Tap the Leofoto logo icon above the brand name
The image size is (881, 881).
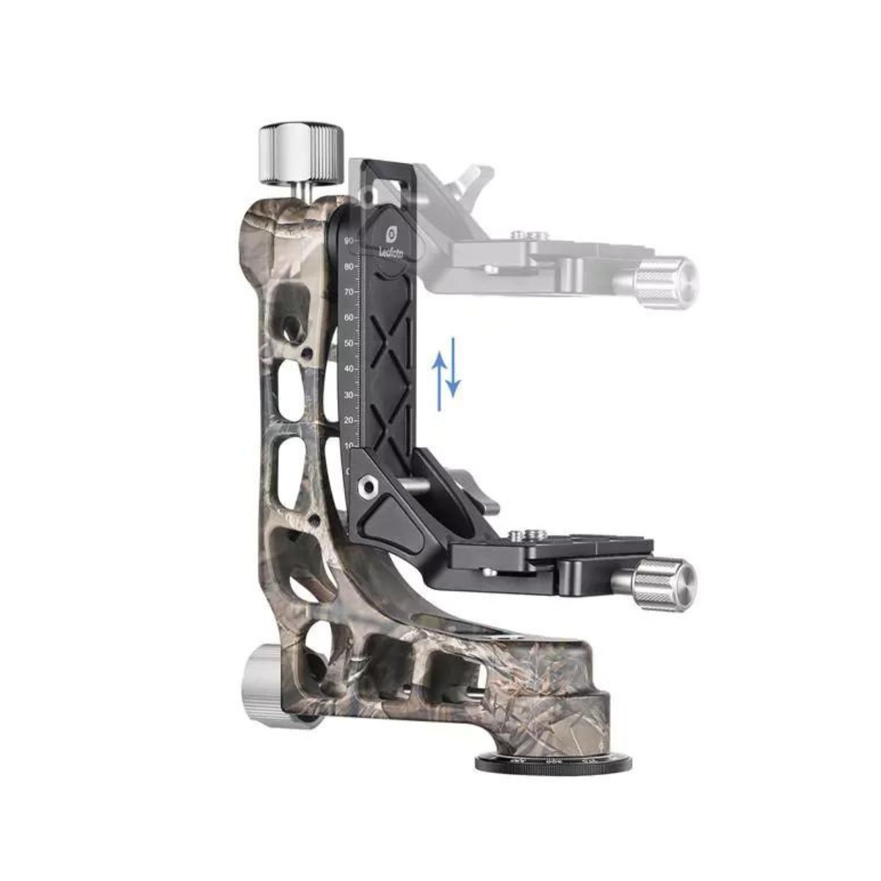pyautogui.click(x=392, y=233)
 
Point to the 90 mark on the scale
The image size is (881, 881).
pyautogui.click(x=349, y=241)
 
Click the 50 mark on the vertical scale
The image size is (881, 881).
pyautogui.click(x=349, y=343)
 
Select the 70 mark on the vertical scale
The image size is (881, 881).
pyautogui.click(x=349, y=292)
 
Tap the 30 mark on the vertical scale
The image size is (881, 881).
pyautogui.click(x=349, y=394)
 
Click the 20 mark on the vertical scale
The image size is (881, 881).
pyautogui.click(x=349, y=420)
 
